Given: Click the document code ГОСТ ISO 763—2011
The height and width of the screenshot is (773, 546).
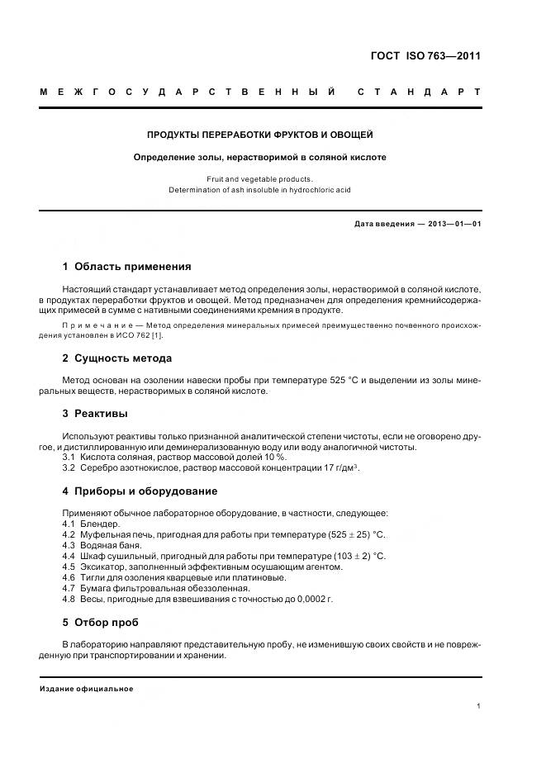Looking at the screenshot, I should point(425,56).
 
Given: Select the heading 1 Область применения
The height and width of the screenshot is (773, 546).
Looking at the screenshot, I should point(126,267).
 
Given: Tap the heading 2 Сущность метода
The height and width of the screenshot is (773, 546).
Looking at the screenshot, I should point(116,358).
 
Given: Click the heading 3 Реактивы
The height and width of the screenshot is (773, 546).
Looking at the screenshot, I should point(95,413).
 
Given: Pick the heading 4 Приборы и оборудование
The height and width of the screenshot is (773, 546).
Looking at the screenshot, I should point(140,491).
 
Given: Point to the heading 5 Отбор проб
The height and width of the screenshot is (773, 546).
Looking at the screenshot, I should point(100,622).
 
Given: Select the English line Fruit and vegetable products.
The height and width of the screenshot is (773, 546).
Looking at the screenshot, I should point(260,178).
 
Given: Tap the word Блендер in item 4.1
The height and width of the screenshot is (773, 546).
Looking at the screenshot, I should point(101,524).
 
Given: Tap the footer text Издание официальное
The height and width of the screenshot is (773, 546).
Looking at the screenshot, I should point(86,689).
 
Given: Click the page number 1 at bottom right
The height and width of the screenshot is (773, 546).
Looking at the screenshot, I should point(478,706).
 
